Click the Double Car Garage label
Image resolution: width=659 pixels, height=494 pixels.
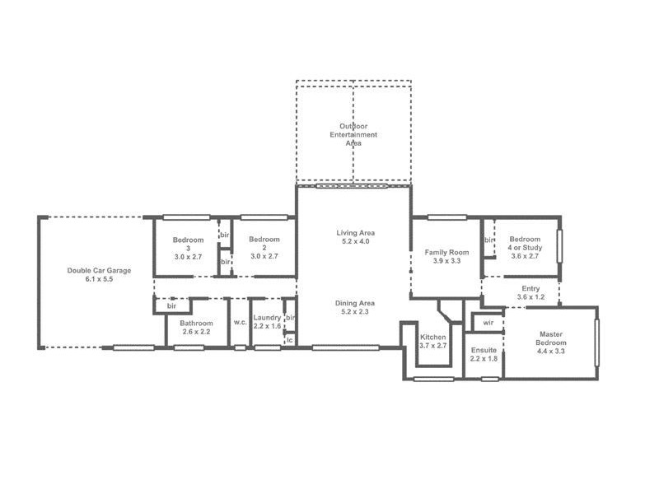(99, 270)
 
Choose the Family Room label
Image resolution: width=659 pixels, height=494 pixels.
(446, 252)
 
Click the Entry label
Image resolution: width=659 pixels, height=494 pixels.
(531, 288)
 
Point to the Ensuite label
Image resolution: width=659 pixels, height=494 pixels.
(484, 351)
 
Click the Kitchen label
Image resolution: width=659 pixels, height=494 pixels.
(432, 338)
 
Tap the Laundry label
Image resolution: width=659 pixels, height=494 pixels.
(268, 317)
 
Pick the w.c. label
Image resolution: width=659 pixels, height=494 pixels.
(240, 323)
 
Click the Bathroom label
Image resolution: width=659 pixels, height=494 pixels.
(197, 324)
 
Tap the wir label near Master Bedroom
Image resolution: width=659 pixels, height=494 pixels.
(488, 322)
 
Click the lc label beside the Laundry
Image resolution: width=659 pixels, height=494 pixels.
(290, 338)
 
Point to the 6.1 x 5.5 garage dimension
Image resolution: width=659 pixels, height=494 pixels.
(99, 280)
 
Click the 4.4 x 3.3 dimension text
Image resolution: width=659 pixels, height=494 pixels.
(551, 352)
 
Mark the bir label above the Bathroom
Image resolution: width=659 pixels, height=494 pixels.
(172, 305)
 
